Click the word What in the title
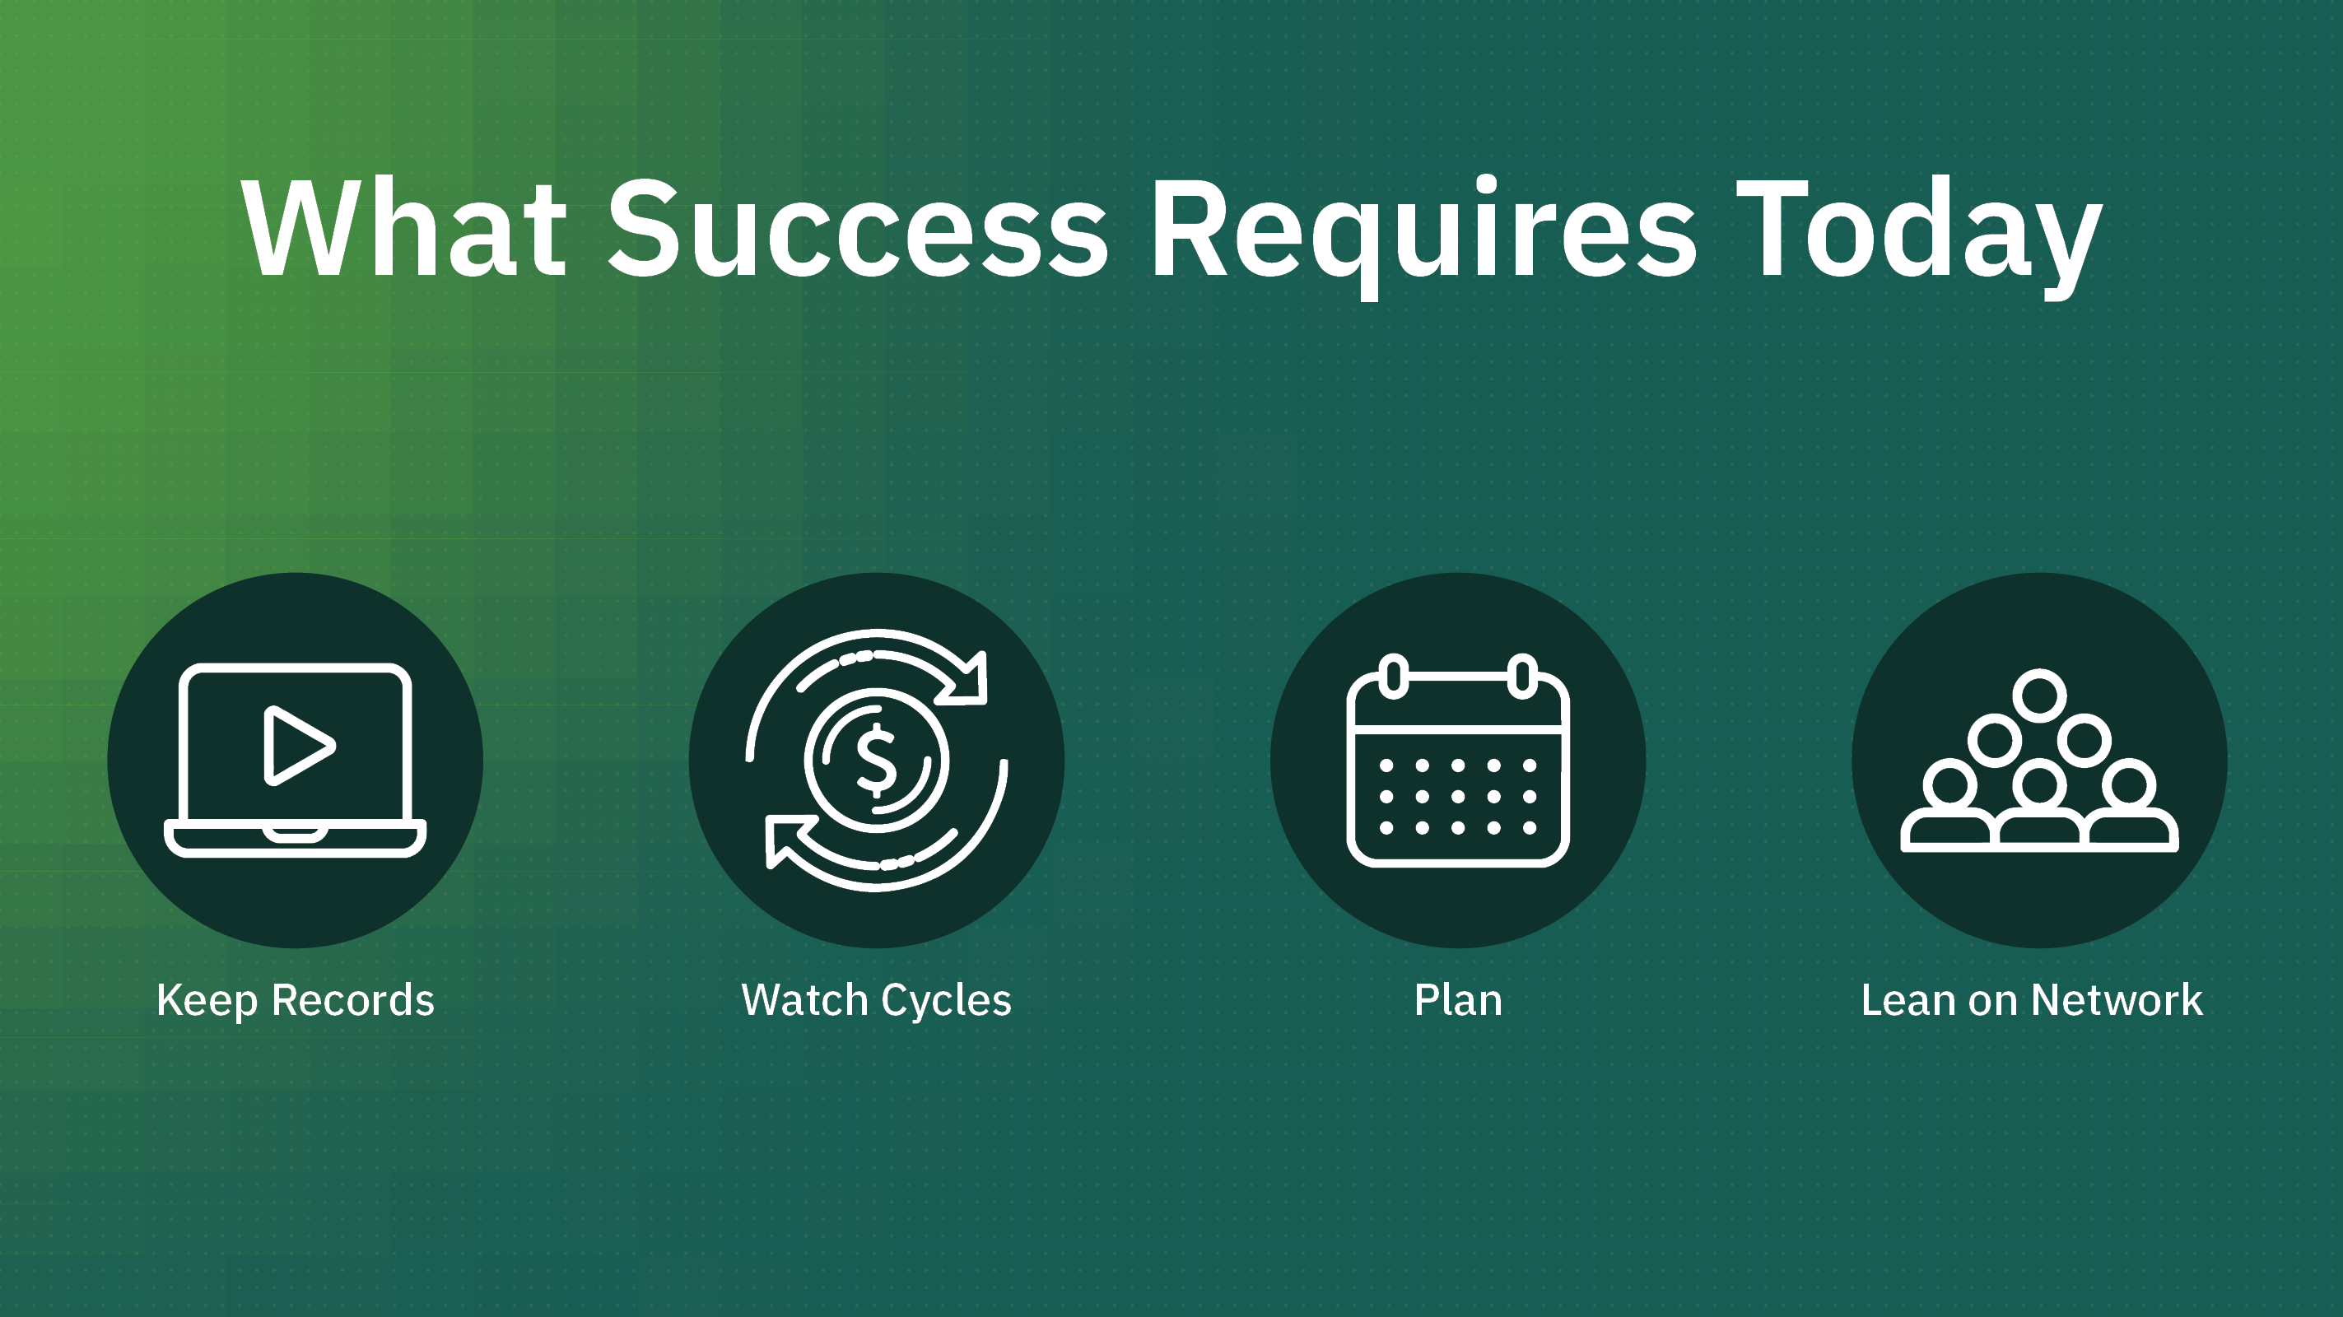[404, 227]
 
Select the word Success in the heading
[858, 227]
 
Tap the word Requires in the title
[1423, 235]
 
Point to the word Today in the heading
[1919, 235]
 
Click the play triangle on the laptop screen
[296, 746]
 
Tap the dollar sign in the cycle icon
[877, 761]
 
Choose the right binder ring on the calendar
[1522, 677]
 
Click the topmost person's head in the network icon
[2039, 696]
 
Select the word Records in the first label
[353, 999]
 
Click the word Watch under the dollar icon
[805, 999]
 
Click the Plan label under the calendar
[1458, 999]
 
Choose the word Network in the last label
[2117, 999]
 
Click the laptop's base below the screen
[296, 838]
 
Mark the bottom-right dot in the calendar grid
[1530, 828]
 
